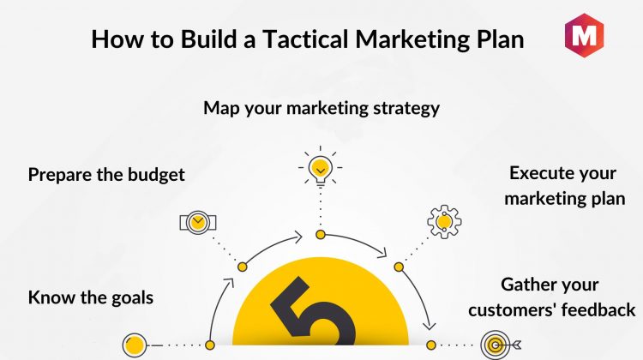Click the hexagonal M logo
point(584,35)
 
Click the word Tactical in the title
point(305,39)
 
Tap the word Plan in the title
point(501,39)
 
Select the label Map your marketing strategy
point(321,108)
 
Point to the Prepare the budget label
point(106,175)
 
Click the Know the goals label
point(91,297)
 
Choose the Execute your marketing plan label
point(564,186)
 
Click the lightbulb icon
point(321,167)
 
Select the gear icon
point(444,222)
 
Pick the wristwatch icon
point(198,223)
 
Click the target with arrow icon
point(501,345)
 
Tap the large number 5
point(314,314)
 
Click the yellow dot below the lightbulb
point(321,235)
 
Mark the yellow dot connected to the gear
point(399,267)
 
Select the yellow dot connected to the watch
point(243,267)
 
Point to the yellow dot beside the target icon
point(431,345)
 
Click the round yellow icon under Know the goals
point(134,345)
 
